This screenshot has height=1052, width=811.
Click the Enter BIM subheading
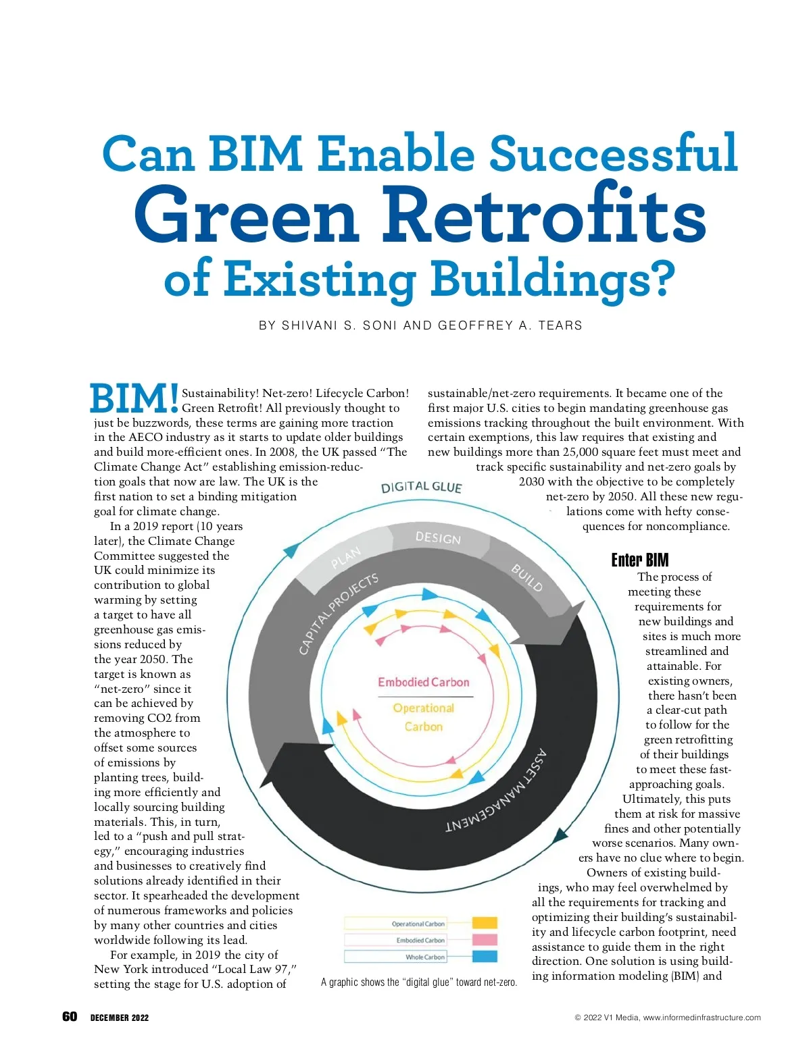tap(639, 560)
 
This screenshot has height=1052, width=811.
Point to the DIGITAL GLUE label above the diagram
tap(421, 488)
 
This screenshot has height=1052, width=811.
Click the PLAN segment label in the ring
tap(346, 558)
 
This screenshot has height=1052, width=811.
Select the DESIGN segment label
tap(438, 537)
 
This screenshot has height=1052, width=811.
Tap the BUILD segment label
tap(527, 577)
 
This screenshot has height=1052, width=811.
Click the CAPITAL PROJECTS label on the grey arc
tap(339, 614)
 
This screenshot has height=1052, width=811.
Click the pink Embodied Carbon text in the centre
tap(423, 682)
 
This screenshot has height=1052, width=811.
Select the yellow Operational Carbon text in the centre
tap(424, 717)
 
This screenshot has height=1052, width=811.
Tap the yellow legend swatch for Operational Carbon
tap(485, 923)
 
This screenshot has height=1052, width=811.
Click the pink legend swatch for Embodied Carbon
tap(485, 940)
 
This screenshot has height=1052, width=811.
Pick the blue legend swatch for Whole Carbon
tap(485, 957)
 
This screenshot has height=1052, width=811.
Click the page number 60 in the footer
tap(70, 1017)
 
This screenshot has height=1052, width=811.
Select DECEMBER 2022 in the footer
tap(120, 1018)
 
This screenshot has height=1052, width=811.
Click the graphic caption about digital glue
tap(419, 982)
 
